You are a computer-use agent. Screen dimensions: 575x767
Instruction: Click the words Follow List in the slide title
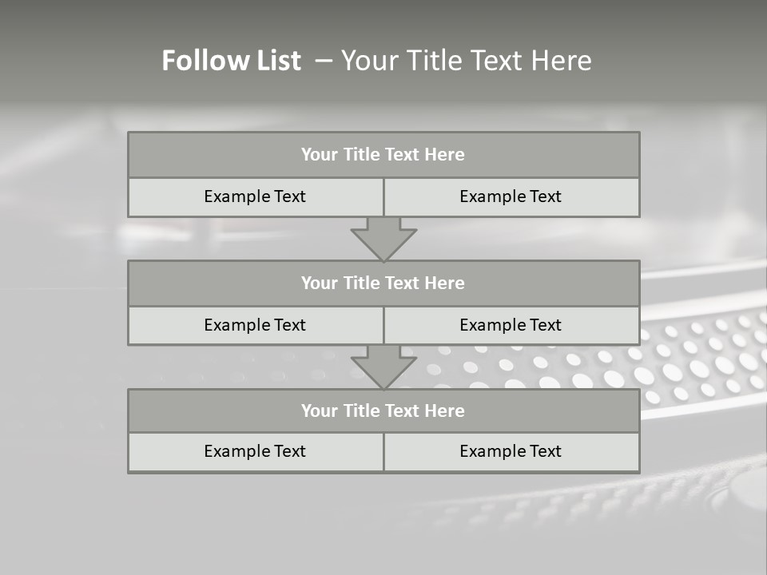231,61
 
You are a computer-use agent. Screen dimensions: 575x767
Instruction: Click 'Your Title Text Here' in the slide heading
466,61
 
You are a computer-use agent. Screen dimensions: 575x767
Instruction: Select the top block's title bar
383,155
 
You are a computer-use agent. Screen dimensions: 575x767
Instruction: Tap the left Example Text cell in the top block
255,196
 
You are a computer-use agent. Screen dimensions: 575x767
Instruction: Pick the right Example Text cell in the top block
511,196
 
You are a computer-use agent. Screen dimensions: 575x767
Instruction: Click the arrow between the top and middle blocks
383,239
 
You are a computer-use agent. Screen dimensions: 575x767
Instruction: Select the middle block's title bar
383,283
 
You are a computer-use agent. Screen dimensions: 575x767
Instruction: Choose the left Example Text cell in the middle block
255,325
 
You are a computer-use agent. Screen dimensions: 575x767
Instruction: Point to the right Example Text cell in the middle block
511,325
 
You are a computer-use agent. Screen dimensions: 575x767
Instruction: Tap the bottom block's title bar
383,410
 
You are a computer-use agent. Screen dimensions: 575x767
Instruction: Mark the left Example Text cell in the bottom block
255,451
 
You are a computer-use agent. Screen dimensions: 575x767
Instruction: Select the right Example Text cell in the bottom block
511,451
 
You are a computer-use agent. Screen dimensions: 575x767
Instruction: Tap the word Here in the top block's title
445,155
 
